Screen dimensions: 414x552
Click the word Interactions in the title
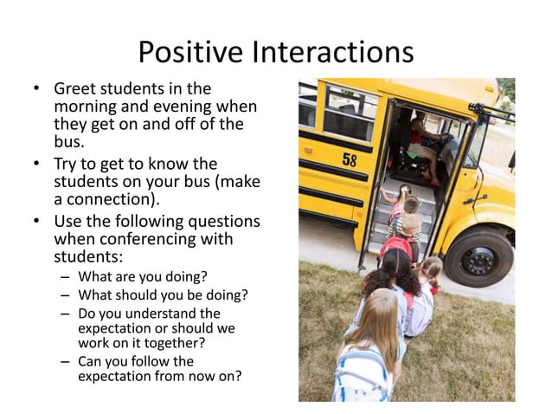[x=333, y=53]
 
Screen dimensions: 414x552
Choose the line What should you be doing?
[x=163, y=295]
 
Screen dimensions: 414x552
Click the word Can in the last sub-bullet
[x=91, y=361]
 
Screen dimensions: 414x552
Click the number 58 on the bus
[x=349, y=159]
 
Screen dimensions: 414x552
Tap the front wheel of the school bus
[x=478, y=256]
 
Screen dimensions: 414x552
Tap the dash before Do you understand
[x=66, y=314]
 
